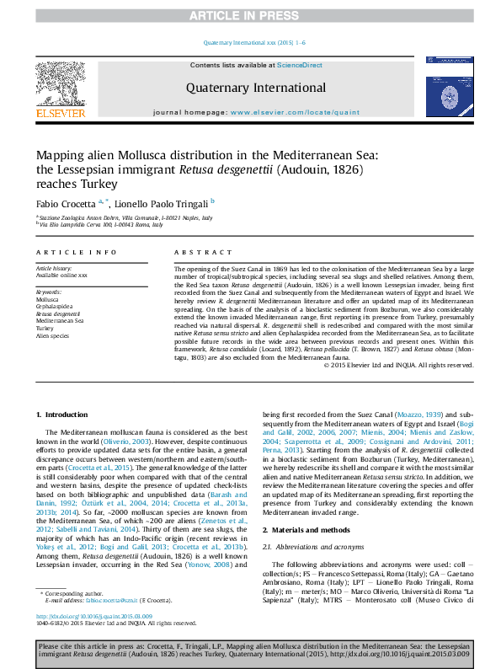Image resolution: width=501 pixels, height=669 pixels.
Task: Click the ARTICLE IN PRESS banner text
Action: click(250, 16)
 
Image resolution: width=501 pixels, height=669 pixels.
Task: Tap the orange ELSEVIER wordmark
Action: click(60, 113)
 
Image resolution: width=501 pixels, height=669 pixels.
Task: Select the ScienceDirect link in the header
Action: click(300, 65)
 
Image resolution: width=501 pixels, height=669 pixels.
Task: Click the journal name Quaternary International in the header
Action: click(256, 88)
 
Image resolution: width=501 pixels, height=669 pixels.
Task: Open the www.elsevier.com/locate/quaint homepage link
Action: click(294, 112)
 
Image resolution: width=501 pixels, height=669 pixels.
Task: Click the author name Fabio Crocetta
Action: click(66, 202)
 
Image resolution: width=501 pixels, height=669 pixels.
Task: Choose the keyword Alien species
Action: click(51, 335)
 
